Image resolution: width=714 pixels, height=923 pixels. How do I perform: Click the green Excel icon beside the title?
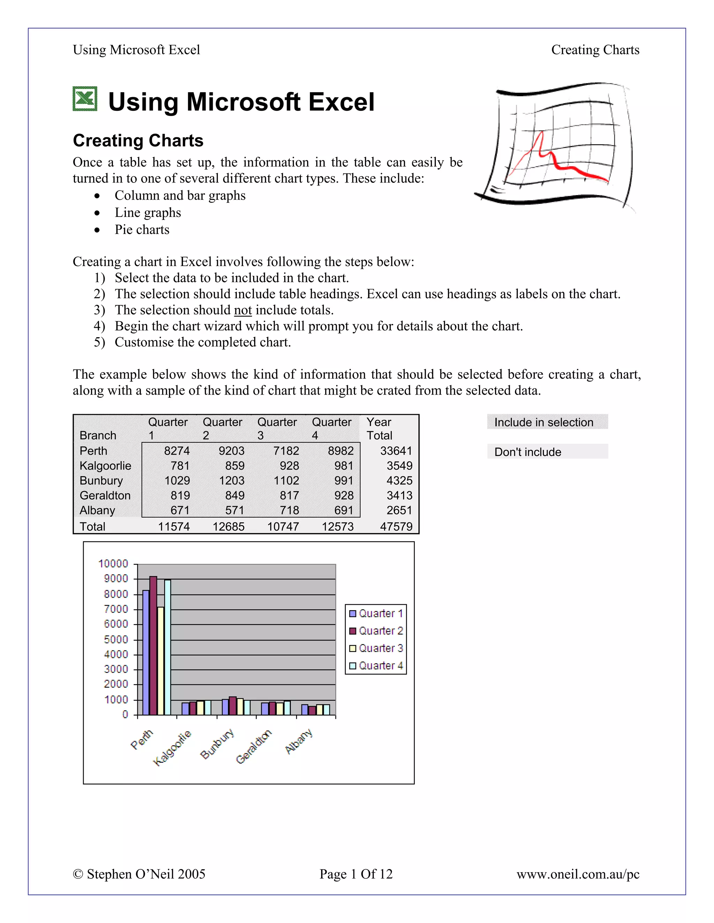(x=85, y=99)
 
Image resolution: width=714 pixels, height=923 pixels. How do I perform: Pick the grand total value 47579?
(x=396, y=527)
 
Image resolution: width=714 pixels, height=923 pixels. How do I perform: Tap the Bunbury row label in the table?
(x=101, y=481)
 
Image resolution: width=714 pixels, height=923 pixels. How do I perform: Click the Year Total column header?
(x=379, y=428)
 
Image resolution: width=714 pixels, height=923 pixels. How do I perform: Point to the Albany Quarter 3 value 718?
(x=289, y=510)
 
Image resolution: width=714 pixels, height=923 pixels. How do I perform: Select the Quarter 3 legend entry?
(x=376, y=648)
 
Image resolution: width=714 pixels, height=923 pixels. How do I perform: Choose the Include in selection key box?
(x=547, y=422)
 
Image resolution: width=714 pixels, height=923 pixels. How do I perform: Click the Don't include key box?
(x=547, y=452)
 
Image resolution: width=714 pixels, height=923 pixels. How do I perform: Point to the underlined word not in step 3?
(x=243, y=310)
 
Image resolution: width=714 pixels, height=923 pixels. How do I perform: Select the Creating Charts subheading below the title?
(x=138, y=140)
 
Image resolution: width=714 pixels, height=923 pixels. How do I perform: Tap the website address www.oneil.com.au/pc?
(x=578, y=874)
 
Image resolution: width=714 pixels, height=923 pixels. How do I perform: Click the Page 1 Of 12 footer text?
(x=356, y=874)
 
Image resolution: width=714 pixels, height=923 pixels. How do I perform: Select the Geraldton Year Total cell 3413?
(x=399, y=495)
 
